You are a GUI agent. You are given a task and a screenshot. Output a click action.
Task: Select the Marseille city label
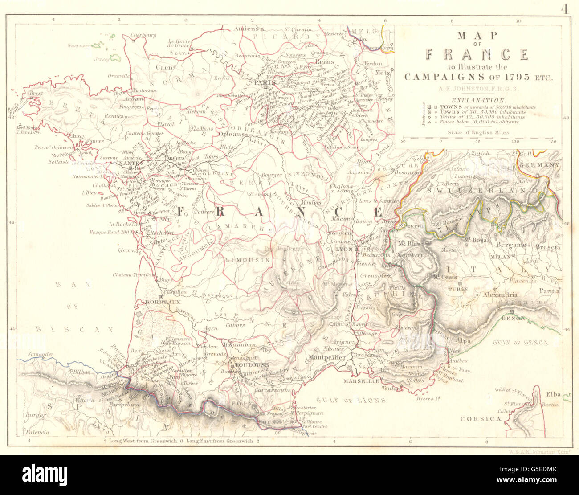click(362, 382)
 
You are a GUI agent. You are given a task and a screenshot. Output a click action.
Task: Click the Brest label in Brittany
click(36, 94)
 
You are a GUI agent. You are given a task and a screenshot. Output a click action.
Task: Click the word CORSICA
click(481, 419)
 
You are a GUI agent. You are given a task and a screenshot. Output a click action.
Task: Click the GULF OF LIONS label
click(349, 400)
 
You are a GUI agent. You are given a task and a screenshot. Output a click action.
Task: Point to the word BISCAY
click(74, 330)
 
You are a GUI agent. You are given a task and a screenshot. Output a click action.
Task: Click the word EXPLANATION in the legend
click(478, 101)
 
